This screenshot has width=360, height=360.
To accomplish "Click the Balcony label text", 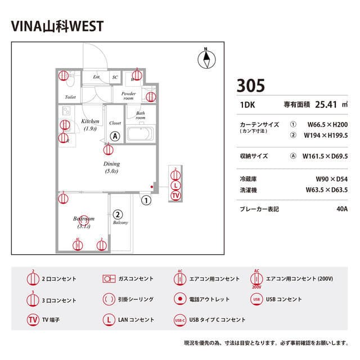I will click(x=120, y=222).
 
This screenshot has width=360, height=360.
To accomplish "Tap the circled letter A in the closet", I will click(x=115, y=136).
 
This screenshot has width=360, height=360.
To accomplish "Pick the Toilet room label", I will click(x=70, y=97).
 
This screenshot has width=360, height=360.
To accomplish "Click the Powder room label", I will click(x=128, y=96).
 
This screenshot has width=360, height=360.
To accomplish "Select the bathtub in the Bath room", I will click(x=140, y=134).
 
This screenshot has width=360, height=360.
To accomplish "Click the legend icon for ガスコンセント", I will click(x=109, y=278).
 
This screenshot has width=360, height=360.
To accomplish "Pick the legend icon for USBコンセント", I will click(x=256, y=299).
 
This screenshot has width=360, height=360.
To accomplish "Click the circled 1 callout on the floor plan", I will click(x=146, y=199).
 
